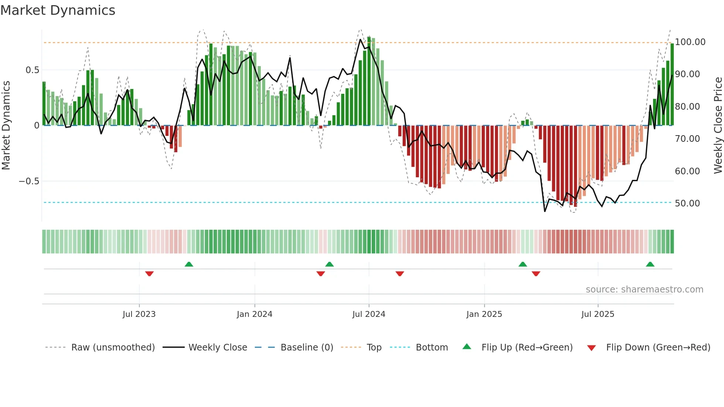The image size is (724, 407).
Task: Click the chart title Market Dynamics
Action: tap(58, 10)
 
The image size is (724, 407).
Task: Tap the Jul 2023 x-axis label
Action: tap(139, 314)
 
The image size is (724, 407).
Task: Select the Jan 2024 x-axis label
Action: tap(255, 314)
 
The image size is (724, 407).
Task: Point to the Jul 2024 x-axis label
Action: tap(369, 314)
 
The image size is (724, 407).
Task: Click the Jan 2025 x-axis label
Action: tap(484, 314)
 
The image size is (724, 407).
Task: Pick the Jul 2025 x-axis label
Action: tap(598, 314)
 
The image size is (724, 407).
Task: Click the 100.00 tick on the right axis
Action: tap(690, 42)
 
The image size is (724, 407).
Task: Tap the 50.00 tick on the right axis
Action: tap(687, 203)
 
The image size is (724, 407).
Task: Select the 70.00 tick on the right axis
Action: tap(687, 139)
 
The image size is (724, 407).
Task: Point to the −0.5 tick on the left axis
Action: tap(29, 181)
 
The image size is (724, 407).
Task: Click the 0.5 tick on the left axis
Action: tap(32, 70)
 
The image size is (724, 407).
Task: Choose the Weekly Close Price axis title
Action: tap(718, 126)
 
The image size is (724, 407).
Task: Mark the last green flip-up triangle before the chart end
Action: tap(650, 264)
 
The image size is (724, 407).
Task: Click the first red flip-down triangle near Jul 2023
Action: tap(149, 274)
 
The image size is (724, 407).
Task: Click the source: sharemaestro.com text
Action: tap(644, 290)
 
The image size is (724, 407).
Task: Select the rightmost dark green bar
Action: tap(672, 85)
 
